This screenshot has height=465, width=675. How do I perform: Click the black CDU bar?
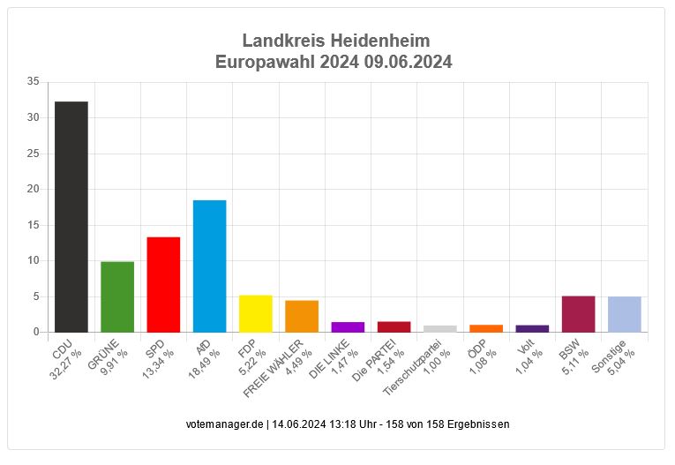coord(71,216)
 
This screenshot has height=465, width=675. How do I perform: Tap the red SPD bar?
coord(163,284)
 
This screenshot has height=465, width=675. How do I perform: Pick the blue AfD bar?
coord(209,266)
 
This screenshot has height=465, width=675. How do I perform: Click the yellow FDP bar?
coord(256,313)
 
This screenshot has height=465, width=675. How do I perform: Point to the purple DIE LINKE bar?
coord(348,327)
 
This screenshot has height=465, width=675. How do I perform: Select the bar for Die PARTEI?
coord(394,326)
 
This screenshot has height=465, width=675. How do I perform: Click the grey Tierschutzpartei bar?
coord(440,328)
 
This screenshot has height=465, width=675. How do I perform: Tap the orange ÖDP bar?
coord(486,328)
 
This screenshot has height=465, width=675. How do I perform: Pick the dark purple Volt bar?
coord(532,328)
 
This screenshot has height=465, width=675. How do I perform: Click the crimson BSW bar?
coord(578,314)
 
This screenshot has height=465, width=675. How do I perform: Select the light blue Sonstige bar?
coord(625,314)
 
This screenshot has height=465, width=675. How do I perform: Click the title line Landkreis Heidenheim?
coord(336,41)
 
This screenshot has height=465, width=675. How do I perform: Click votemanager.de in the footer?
coord(224,424)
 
